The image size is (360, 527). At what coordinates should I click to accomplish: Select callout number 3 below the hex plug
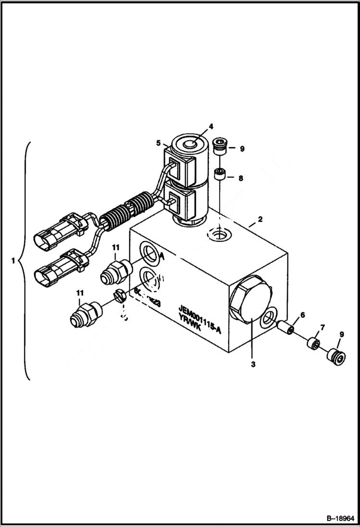click(253, 364)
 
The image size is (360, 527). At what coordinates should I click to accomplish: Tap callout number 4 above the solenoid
click(210, 127)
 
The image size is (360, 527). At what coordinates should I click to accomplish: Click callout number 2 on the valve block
click(260, 220)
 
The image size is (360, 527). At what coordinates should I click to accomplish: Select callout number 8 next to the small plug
click(241, 178)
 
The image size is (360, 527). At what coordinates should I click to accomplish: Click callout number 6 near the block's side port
click(302, 315)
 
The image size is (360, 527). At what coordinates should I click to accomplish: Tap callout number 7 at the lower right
click(322, 328)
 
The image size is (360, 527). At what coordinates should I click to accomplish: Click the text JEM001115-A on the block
click(199, 313)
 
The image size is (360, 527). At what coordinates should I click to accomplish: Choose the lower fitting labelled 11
click(85, 313)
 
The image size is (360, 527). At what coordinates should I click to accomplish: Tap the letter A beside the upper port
click(162, 257)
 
